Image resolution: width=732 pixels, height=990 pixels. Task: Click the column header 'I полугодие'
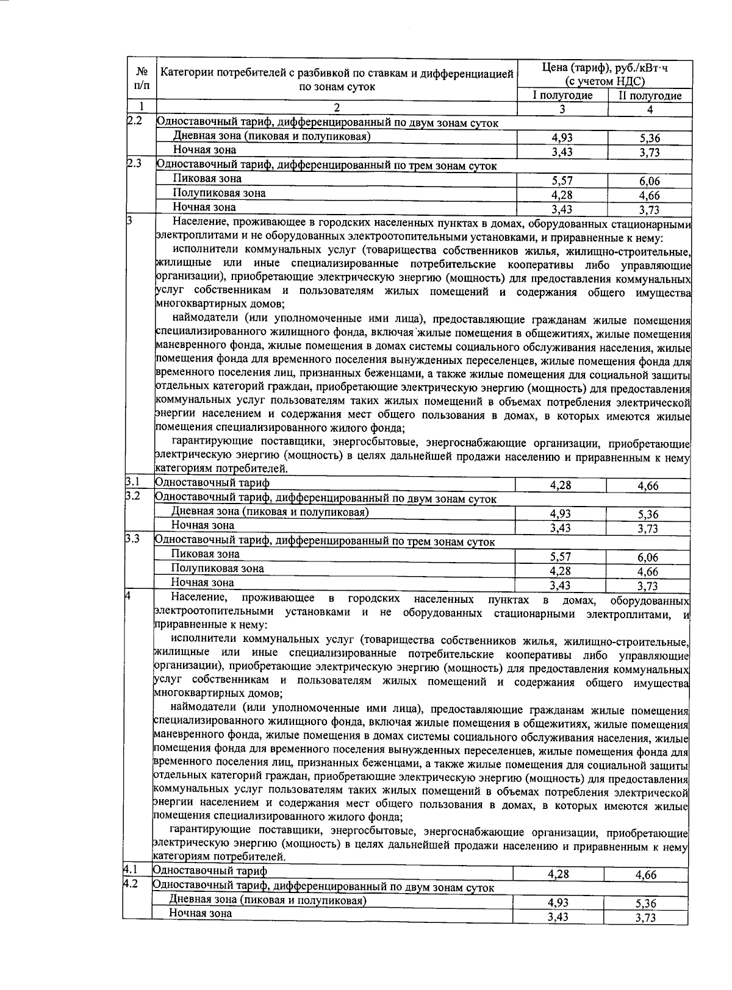tap(562, 96)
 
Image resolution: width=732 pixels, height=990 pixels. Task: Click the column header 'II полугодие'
tap(650, 96)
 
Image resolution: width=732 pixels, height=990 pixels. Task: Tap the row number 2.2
tap(134, 120)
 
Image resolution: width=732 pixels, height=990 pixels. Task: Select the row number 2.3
tap(134, 163)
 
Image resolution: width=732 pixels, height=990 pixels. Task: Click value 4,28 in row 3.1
tap(560, 485)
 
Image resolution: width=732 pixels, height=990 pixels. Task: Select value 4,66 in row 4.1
tap(646, 875)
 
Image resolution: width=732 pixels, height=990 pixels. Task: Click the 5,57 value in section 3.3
tap(561, 557)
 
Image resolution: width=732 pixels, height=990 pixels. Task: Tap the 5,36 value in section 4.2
tap(646, 904)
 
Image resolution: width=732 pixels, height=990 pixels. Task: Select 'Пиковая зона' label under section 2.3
tap(207, 179)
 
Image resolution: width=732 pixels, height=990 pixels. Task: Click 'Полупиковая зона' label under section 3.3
tap(217, 569)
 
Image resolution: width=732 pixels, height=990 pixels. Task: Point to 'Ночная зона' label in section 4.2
tap(200, 913)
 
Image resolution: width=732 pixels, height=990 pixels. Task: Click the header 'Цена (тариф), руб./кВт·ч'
tap(605, 68)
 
